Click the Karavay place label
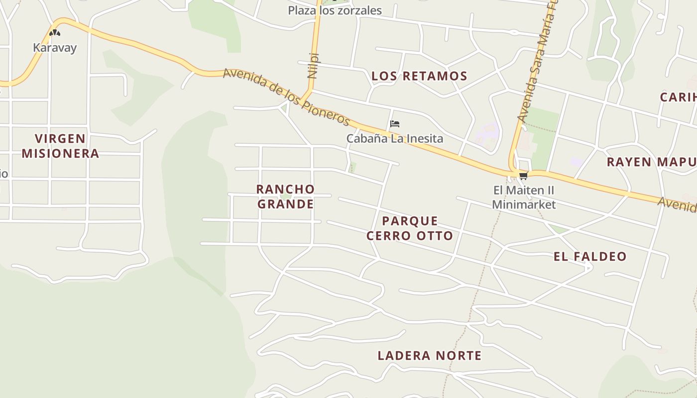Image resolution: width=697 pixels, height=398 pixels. pyautogui.click(x=55, y=48)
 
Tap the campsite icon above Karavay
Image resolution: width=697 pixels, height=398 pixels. pyautogui.click(x=55, y=33)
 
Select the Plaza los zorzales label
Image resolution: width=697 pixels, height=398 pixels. pyautogui.click(x=335, y=10)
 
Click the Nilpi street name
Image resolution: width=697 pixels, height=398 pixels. pyautogui.click(x=313, y=66)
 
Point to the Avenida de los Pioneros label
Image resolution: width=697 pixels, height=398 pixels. pyautogui.click(x=287, y=98)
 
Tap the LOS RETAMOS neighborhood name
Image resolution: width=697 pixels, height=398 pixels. pyautogui.click(x=419, y=76)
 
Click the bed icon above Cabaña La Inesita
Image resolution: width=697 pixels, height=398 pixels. pyautogui.click(x=395, y=124)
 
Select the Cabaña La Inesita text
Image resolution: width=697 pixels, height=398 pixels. pyautogui.click(x=394, y=138)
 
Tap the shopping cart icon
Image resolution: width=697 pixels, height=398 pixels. pyautogui.click(x=523, y=176)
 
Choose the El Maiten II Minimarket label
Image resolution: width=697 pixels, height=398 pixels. pyautogui.click(x=524, y=197)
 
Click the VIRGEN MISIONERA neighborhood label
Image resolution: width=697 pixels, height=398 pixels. pyautogui.click(x=60, y=146)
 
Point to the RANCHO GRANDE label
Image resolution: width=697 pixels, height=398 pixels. pyautogui.click(x=285, y=197)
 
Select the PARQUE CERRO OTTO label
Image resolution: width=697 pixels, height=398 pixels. pyautogui.click(x=410, y=228)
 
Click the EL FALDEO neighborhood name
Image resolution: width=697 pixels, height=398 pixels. pyautogui.click(x=590, y=257)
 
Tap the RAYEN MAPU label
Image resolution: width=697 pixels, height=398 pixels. pyautogui.click(x=651, y=162)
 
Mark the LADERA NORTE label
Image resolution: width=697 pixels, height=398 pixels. pyautogui.click(x=429, y=356)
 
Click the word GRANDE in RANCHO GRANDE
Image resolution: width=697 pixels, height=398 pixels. pyautogui.click(x=285, y=204)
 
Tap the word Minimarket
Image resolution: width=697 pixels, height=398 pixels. pyautogui.click(x=524, y=204)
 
